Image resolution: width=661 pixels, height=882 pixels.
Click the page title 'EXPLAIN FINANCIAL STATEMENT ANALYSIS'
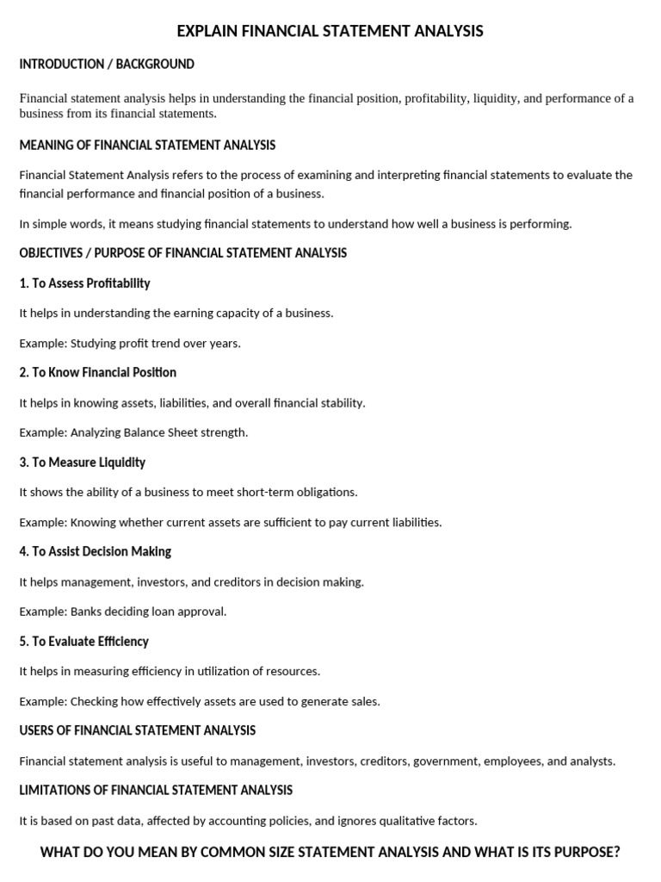coord(330,32)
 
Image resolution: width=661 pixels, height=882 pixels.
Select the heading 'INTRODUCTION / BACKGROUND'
coord(107,65)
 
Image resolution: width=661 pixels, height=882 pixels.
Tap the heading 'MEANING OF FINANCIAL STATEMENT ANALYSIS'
coord(147,145)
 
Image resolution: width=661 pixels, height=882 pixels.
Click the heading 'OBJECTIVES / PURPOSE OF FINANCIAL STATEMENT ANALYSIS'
coord(183,253)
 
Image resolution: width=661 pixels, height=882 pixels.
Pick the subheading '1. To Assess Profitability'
coord(84,283)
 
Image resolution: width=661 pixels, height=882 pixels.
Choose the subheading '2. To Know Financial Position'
coord(97,373)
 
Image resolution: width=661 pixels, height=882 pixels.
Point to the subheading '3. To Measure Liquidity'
coord(82,463)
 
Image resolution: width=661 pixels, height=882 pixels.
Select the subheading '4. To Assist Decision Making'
coord(95,552)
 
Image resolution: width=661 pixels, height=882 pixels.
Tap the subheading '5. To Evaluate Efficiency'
coord(83,642)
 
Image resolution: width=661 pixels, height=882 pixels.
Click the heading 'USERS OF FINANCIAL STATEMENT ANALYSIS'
coord(138,731)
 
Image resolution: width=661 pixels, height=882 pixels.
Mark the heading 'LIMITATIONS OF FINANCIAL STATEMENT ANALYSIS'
coord(156,791)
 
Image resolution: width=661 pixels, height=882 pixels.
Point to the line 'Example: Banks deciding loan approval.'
coord(123,612)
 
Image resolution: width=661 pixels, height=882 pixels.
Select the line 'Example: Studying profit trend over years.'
coord(130,343)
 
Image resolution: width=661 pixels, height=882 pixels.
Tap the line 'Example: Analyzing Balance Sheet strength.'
coord(133,432)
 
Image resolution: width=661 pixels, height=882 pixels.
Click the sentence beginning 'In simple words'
coord(295,224)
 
